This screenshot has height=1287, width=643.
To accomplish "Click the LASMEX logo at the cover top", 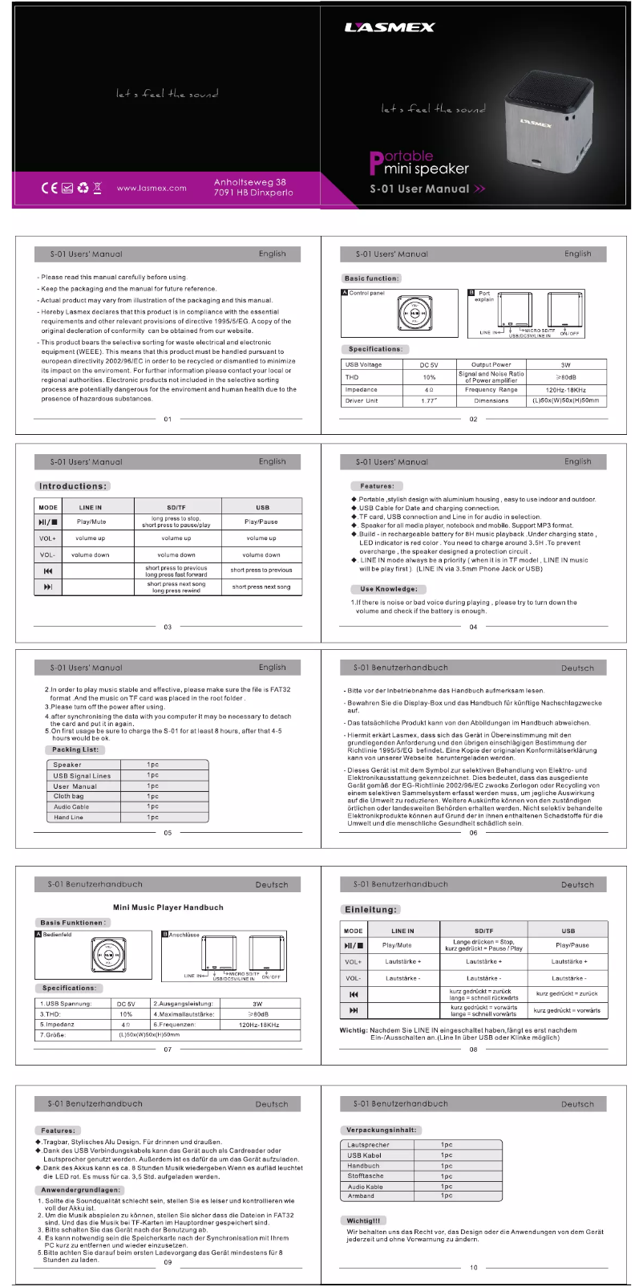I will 390,27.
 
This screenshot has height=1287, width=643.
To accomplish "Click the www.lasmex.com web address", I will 152,189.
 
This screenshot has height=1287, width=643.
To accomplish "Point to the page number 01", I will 168,419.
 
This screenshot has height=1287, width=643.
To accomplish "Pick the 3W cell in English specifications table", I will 566,364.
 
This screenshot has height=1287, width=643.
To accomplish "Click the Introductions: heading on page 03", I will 73,486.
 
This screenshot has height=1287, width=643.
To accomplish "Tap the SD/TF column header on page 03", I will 176,507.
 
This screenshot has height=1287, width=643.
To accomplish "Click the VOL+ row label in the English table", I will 48,538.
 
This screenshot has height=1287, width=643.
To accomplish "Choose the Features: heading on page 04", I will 377,486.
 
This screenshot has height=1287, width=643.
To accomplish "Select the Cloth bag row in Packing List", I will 69,797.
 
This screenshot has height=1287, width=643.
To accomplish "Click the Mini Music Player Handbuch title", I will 168,907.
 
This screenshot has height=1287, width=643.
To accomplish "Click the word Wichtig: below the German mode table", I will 354,1030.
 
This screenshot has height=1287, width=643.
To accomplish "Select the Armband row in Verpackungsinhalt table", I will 361,1196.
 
